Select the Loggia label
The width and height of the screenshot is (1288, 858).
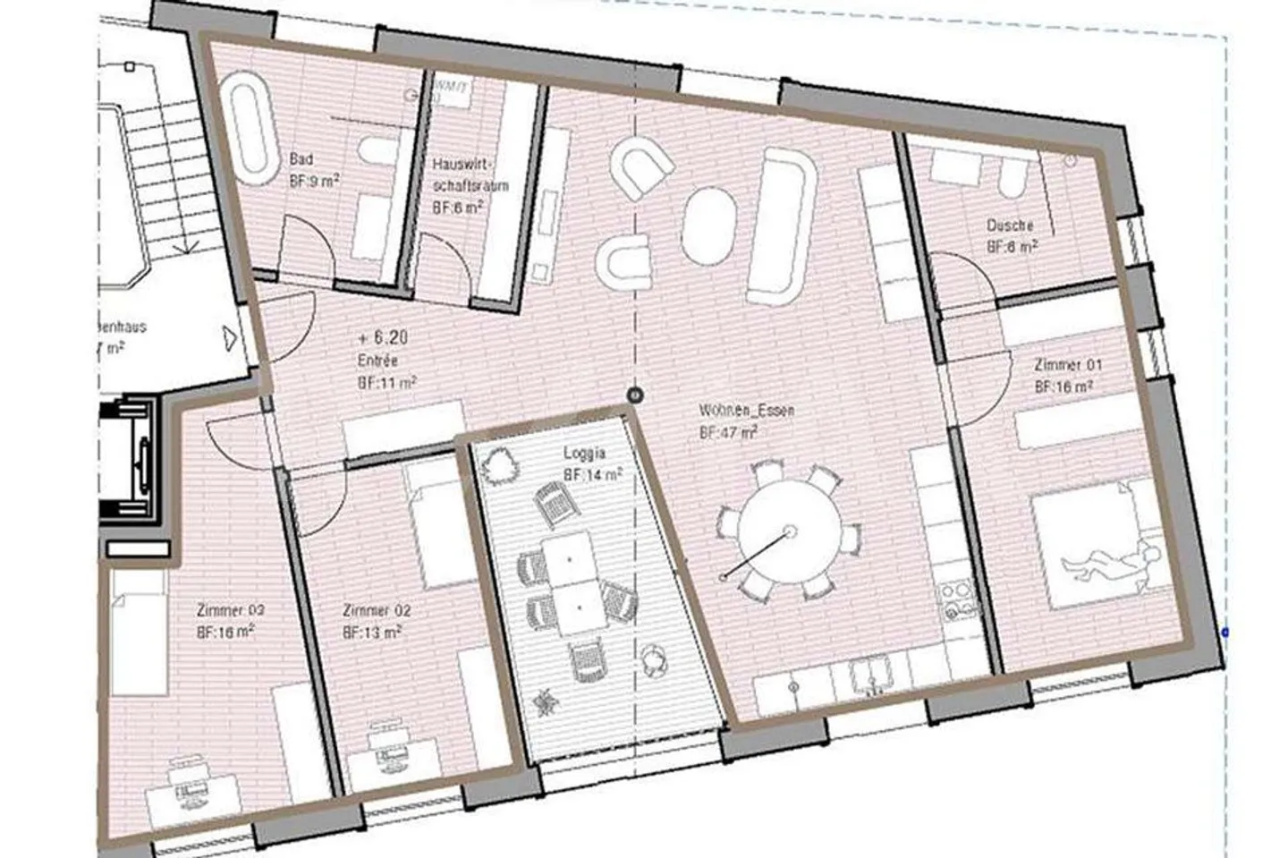click(x=585, y=453)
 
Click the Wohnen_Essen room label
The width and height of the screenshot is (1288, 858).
click(x=733, y=411)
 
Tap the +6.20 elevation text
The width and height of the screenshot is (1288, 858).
click(x=382, y=338)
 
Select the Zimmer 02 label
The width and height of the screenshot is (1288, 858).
click(x=376, y=610)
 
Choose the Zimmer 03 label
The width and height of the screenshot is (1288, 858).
click(x=230, y=610)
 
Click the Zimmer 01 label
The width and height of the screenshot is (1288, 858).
click(x=1067, y=365)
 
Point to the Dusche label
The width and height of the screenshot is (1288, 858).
click(x=1010, y=225)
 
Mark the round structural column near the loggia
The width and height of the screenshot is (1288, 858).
click(x=634, y=394)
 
